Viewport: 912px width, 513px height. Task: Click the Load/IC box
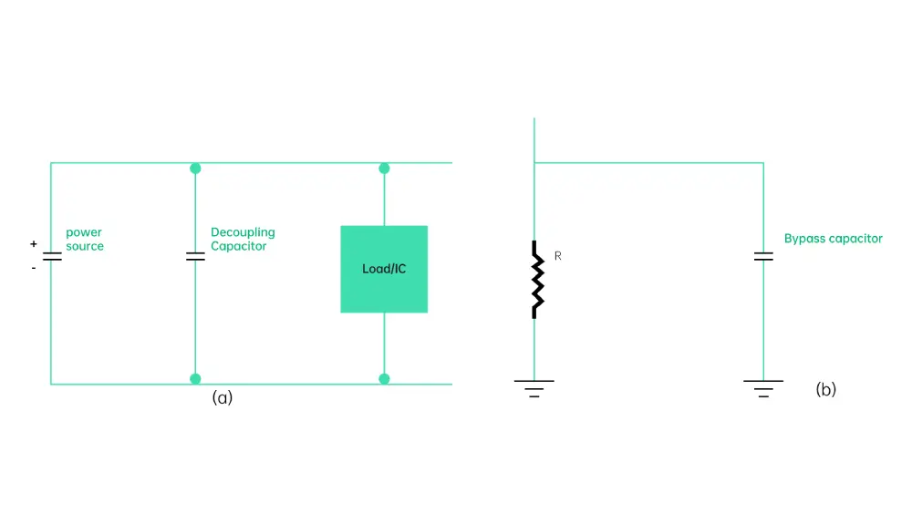pyautogui.click(x=384, y=269)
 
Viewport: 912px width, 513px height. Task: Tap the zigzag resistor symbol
pyautogui.click(x=535, y=279)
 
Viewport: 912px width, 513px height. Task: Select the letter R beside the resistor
pyautogui.click(x=557, y=257)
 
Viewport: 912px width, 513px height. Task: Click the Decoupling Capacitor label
pyautogui.click(x=243, y=240)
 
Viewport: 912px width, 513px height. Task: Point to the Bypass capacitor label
pyautogui.click(x=834, y=239)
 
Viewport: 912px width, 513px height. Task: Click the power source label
pyautogui.click(x=85, y=240)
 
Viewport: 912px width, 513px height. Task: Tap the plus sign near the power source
pyautogui.click(x=34, y=244)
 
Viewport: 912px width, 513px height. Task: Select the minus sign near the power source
pyautogui.click(x=34, y=268)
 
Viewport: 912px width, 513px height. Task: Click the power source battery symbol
pyautogui.click(x=51, y=257)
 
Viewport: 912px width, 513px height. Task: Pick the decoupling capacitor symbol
pyautogui.click(x=195, y=257)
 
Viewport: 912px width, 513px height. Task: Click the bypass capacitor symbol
pyautogui.click(x=763, y=257)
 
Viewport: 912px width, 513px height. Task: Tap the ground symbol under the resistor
pyautogui.click(x=534, y=388)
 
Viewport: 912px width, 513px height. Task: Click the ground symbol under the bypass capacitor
pyautogui.click(x=763, y=388)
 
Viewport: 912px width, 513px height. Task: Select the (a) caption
pyautogui.click(x=223, y=397)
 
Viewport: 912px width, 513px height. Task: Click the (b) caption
pyautogui.click(x=825, y=390)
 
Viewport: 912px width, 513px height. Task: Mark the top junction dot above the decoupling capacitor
pyautogui.click(x=195, y=169)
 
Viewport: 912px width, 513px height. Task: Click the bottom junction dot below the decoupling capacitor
pyautogui.click(x=195, y=378)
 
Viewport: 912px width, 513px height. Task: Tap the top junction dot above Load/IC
pyautogui.click(x=384, y=169)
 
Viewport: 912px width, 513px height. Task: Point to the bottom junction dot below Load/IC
pyautogui.click(x=384, y=378)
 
